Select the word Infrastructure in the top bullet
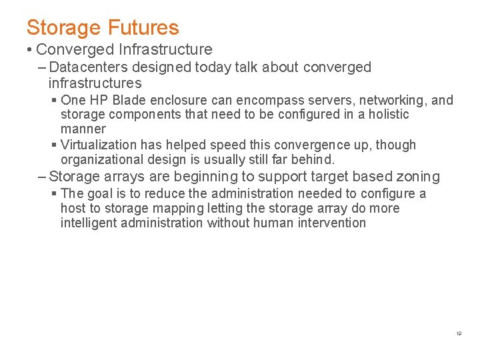click(165, 49)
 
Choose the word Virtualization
click(100, 145)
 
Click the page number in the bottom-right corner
click(459, 333)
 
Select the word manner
click(83, 129)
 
